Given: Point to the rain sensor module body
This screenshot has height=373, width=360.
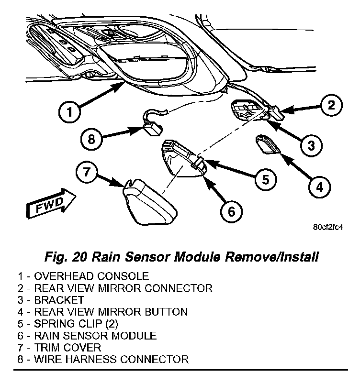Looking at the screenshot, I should point(182,160).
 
